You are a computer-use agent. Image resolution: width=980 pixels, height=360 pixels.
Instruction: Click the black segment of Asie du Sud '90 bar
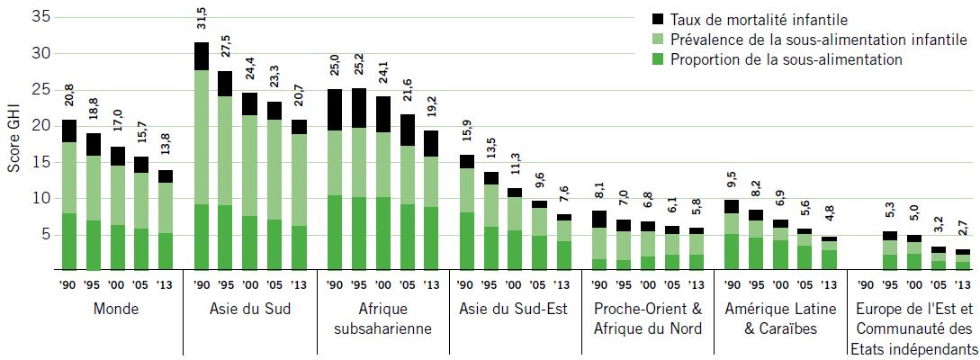(x=201, y=56)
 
